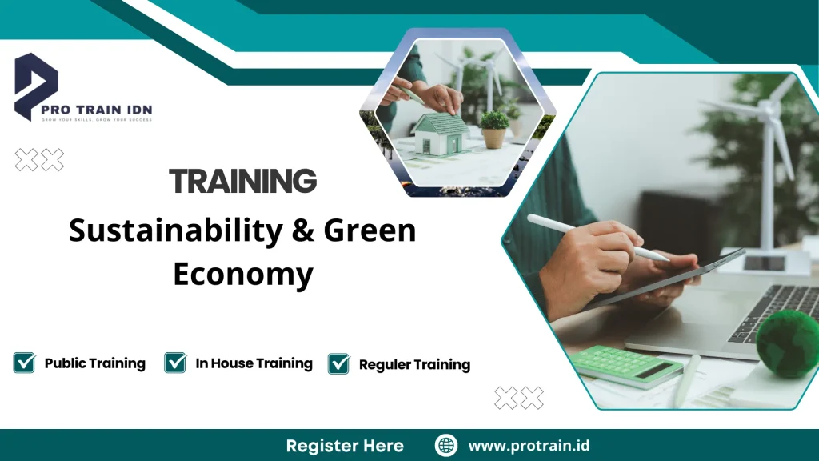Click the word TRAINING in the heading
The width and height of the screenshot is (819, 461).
243,182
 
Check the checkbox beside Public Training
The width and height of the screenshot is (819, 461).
25,363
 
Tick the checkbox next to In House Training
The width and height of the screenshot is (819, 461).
175,363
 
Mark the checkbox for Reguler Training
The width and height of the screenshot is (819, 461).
339,364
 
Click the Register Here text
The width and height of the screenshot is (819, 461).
345,446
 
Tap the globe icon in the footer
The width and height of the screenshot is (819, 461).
445,446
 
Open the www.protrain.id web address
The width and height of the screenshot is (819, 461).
529,446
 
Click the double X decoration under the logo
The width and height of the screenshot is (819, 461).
39,160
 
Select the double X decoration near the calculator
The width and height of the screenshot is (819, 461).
518,398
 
